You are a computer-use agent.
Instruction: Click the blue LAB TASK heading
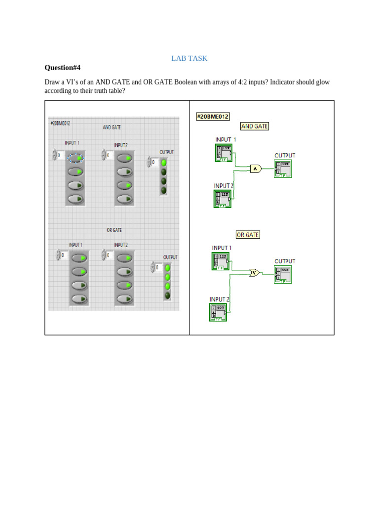coord(189,58)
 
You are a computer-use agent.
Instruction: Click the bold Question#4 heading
coord(62,68)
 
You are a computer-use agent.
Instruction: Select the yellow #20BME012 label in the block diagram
coord(213,117)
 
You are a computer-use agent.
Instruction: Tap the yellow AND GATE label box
coord(254,126)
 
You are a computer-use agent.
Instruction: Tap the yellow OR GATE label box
coord(248,235)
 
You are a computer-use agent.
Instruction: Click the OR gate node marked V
coord(254,272)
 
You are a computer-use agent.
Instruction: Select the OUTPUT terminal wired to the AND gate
coord(283,169)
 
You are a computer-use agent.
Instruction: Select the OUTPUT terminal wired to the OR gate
coord(283,274)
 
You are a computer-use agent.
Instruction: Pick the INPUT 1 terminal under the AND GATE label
coord(224,153)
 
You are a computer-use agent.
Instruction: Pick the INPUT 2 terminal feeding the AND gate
coord(222,199)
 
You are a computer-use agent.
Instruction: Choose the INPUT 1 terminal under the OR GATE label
coord(220,261)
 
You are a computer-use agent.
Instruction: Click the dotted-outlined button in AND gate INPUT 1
coord(76,158)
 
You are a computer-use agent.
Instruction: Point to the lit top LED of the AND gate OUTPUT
coord(164,162)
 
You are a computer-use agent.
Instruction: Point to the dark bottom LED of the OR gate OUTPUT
coord(168,295)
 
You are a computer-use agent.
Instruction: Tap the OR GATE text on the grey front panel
coord(114,230)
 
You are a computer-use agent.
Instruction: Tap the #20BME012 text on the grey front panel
coord(60,123)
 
